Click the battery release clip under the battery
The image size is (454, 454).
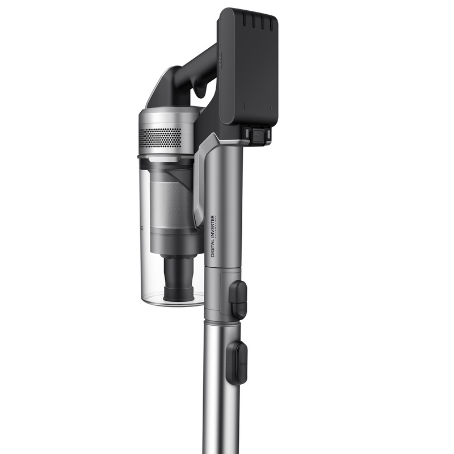click(257, 135)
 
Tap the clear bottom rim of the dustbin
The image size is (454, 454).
click(170, 301)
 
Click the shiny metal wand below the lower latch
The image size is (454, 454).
click(216, 397)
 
